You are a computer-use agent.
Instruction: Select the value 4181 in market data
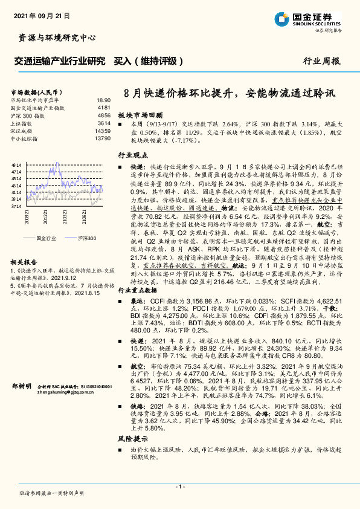coord(104,107)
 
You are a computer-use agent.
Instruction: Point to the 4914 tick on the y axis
coord(16,164)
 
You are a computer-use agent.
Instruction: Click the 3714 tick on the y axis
coord(16,206)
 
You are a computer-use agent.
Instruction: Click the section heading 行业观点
coord(132,156)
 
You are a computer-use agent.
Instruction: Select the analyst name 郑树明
coord(21,385)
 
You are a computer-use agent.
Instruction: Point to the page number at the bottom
coord(180,487)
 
